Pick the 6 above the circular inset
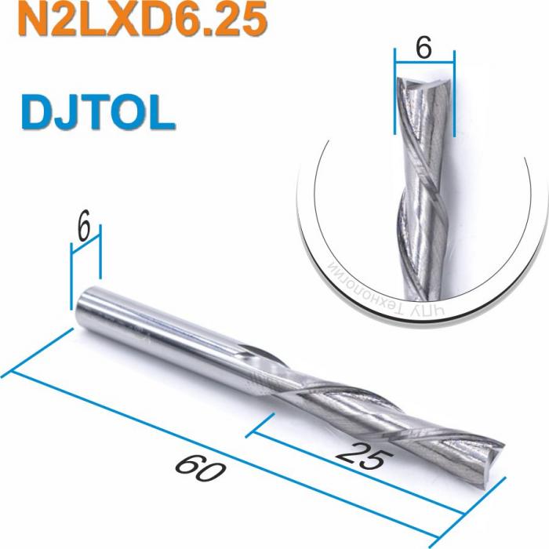pos(424,48)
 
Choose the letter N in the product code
pos(32,21)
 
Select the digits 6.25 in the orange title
pos(213,21)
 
